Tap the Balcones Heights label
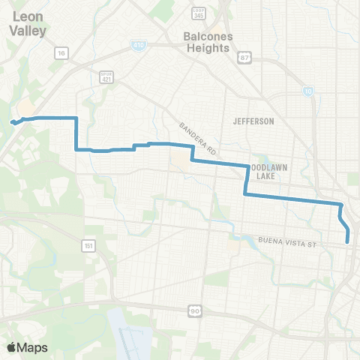[207, 42]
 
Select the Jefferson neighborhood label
[253, 121]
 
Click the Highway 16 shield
[61, 52]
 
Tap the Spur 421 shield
[106, 77]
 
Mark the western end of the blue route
[11, 122]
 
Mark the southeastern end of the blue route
[349, 241]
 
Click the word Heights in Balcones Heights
[210, 48]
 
